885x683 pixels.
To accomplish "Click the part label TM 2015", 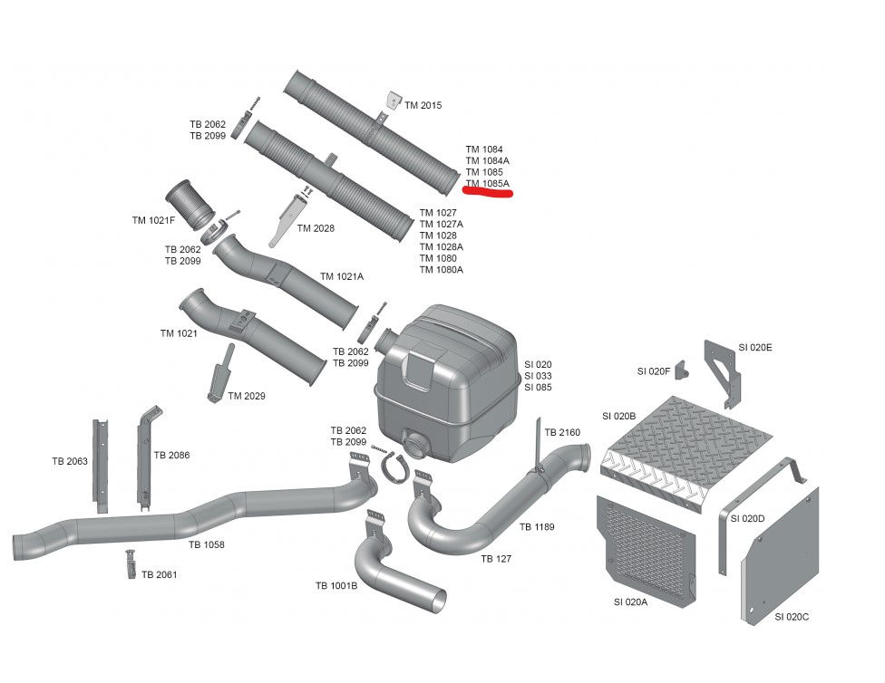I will (423, 106).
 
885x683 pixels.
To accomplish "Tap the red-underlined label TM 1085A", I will (488, 183).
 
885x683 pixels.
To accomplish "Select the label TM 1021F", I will (154, 220).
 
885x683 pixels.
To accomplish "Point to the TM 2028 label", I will (316, 228).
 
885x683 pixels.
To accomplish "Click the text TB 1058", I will (207, 544).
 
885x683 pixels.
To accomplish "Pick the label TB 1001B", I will (336, 586).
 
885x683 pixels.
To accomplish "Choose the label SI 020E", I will (755, 347).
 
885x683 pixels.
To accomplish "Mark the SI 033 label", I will (538, 376).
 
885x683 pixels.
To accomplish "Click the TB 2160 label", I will (562, 432).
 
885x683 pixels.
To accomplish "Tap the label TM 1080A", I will (442, 270).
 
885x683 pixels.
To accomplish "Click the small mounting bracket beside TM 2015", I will (393, 101).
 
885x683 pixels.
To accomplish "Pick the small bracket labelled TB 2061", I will (131, 563).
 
